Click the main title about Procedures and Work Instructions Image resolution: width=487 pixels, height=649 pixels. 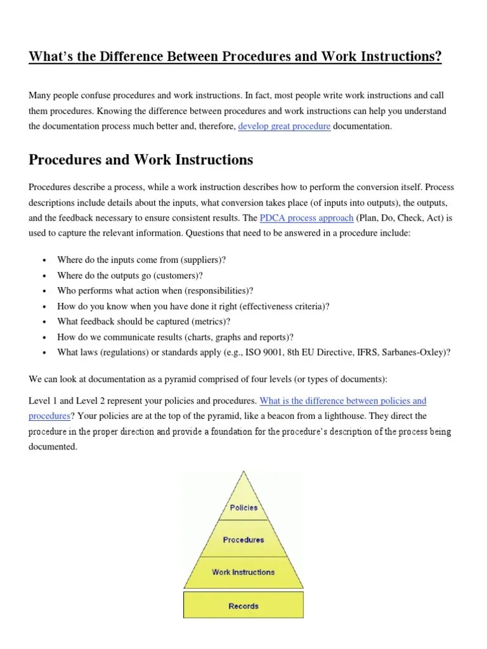(x=235, y=56)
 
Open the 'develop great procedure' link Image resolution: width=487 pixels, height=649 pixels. (x=284, y=126)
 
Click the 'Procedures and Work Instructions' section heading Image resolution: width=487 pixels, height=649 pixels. (x=141, y=160)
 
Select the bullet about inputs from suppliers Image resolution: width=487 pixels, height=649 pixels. (x=141, y=260)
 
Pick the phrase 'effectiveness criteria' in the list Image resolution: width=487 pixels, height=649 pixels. (x=285, y=306)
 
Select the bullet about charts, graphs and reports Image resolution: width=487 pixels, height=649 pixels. (x=175, y=337)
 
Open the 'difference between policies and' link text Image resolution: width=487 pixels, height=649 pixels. (x=343, y=401)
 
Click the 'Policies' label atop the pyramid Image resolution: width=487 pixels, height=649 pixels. (x=243, y=508)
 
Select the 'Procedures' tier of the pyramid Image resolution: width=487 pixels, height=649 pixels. (x=243, y=539)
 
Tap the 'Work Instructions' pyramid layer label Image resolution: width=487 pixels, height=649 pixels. (x=243, y=572)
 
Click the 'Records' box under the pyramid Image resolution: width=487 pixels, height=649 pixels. (x=243, y=606)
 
